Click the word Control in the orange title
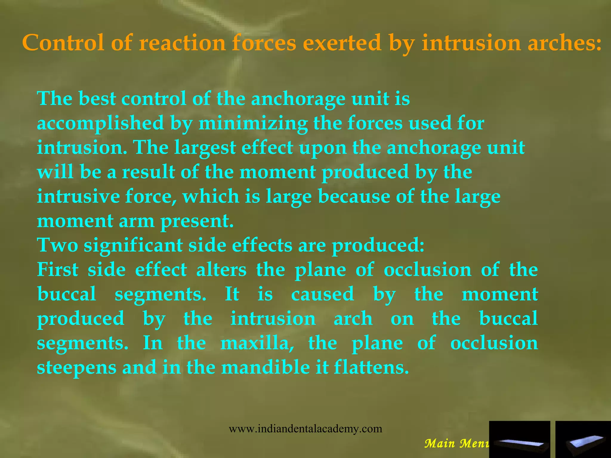63,43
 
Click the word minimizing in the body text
253,123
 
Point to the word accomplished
101,123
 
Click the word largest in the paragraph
205,147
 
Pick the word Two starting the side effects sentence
58,245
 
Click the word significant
133,245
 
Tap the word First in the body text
58,270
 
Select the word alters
221,270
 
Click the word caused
323,294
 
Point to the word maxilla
257,343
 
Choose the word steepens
77,368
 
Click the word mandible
266,368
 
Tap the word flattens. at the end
371,368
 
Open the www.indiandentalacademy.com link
305,429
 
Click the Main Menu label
456,444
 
